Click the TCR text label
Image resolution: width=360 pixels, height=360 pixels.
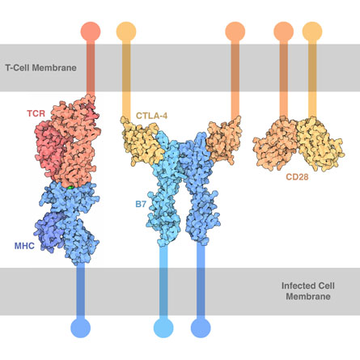coord(36,113)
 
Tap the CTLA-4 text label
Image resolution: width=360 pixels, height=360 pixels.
coord(151,116)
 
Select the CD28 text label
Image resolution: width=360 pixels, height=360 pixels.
coord(297,177)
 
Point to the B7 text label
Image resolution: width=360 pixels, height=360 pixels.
coord(141,204)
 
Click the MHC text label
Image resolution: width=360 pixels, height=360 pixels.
coord(24,246)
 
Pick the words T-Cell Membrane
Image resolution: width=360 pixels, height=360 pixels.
coord(40,67)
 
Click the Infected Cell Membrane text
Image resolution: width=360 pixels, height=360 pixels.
coord(308,291)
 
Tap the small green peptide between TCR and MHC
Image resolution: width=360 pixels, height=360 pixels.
coord(70,187)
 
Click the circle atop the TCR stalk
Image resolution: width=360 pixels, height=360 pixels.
coord(91,32)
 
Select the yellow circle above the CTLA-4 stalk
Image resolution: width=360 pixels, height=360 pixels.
coord(126,32)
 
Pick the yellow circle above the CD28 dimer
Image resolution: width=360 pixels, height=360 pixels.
coord(312,32)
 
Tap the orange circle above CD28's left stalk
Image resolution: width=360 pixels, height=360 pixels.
coord(284,32)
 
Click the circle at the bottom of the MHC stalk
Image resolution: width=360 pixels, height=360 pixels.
coord(81,328)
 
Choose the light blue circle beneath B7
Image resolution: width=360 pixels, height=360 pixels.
coord(163,328)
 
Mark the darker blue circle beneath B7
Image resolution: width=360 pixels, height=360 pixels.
coord(201,328)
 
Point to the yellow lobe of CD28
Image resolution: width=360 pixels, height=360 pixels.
coord(320,144)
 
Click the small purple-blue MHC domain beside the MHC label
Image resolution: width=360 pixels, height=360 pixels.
coord(50,232)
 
